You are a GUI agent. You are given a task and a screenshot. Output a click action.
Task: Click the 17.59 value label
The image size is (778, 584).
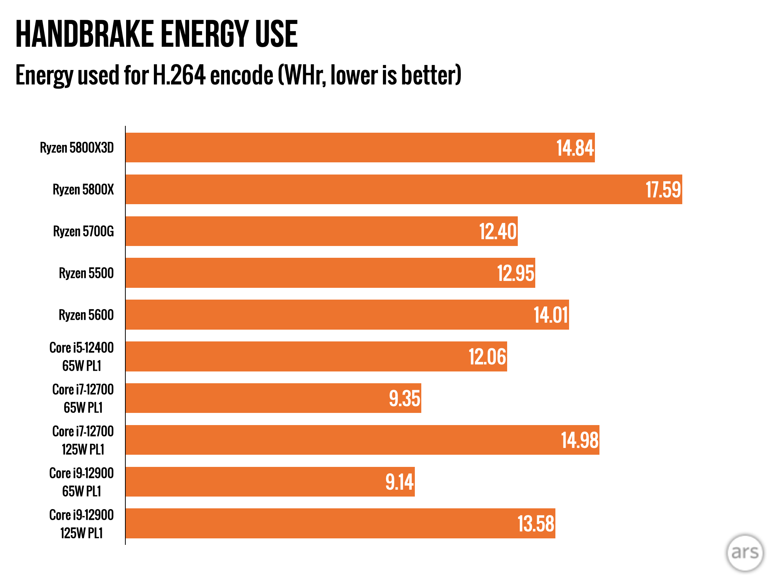click(663, 190)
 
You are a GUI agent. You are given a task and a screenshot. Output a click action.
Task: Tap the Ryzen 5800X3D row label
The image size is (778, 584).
click(77, 148)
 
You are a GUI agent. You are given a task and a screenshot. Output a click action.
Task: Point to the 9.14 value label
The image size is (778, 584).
click(399, 482)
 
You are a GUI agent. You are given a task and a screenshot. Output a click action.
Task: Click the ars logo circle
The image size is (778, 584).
click(745, 553)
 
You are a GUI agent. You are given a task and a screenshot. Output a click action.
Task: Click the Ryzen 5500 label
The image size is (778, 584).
click(86, 273)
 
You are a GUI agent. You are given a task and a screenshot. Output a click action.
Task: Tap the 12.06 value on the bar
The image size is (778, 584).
click(487, 357)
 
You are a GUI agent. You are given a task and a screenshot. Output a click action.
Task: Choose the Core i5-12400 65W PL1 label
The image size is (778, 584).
click(82, 357)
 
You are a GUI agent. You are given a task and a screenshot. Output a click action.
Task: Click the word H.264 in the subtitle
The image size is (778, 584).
click(179, 75)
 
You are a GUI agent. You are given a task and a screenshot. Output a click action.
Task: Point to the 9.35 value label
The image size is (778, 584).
click(405, 398)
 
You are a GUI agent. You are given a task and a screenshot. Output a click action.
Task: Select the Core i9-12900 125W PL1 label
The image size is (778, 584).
click(82, 524)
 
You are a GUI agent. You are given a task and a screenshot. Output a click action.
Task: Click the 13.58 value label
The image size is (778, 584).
click(536, 524)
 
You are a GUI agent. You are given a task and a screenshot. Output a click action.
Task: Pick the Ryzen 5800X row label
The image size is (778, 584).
click(83, 189)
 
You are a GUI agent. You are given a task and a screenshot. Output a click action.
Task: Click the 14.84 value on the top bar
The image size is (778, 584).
click(575, 148)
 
